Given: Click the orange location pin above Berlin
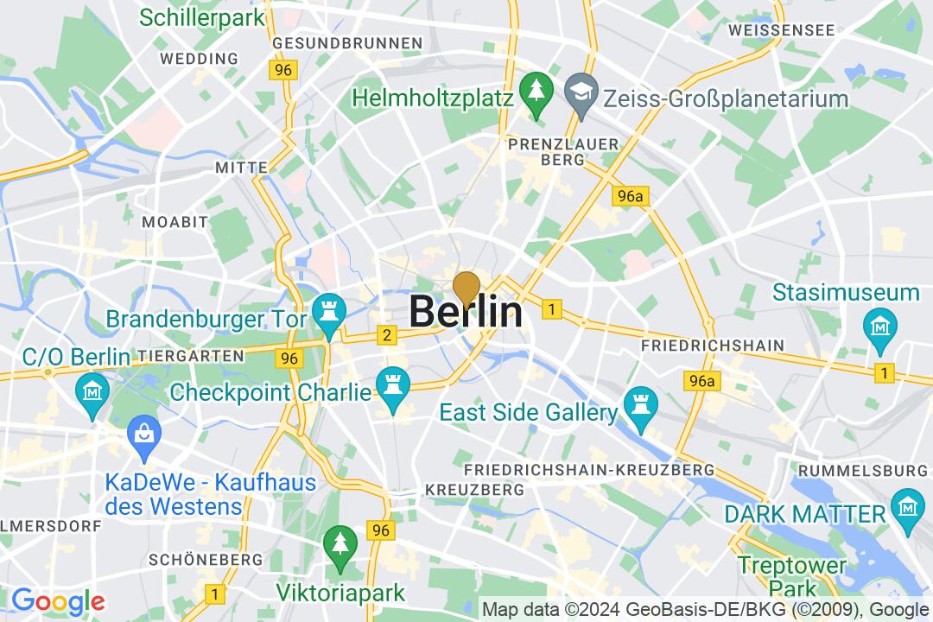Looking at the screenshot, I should pyautogui.click(x=466, y=288).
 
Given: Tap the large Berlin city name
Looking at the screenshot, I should pyautogui.click(x=466, y=312).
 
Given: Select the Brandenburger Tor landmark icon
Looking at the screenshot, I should pyautogui.click(x=328, y=308).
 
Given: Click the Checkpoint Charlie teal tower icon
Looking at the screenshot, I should pyautogui.click(x=390, y=381).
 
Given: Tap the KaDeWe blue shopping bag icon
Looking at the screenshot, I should pyautogui.click(x=141, y=431).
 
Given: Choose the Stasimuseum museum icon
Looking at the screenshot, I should pyautogui.click(x=879, y=326).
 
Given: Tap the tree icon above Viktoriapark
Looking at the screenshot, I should pyautogui.click(x=340, y=543).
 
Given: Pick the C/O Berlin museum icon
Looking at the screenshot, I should pyautogui.click(x=92, y=389).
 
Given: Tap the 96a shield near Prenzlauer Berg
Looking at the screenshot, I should pyautogui.click(x=631, y=197).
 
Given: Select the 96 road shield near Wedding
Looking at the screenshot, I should pyautogui.click(x=282, y=70).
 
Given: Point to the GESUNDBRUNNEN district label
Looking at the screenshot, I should pyautogui.click(x=347, y=42).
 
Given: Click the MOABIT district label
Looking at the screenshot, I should pyautogui.click(x=175, y=222).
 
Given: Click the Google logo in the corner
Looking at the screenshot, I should pyautogui.click(x=58, y=601).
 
